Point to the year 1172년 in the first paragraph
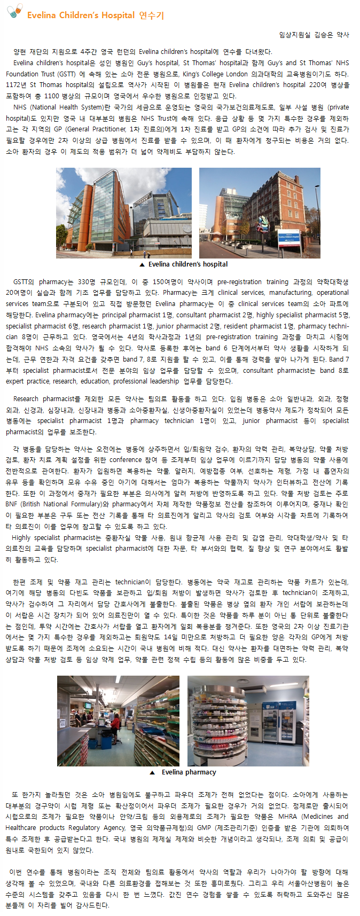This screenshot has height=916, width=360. click(x=16, y=85)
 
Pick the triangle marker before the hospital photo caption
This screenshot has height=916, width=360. click(x=142, y=264)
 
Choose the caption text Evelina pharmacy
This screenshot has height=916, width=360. click(x=189, y=772)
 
